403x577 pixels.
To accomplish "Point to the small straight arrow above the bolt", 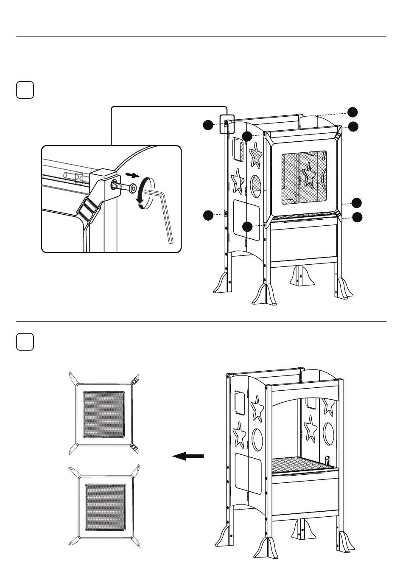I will pos(132,175).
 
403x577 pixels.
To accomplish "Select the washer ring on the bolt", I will pos(133,188).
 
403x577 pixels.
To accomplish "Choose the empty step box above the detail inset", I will pos(25,90).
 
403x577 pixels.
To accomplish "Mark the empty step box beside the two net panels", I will pos(25,342).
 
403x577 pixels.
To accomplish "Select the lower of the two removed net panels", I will pos(105,507).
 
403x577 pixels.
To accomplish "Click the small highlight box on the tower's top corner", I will pos(227,124).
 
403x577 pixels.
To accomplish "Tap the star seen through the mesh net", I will pos(308,175).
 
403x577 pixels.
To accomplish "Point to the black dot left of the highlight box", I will pos(207,125).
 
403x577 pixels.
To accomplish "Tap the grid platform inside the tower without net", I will pos(301,465).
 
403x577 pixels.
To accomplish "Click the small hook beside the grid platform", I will pos(327,460).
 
